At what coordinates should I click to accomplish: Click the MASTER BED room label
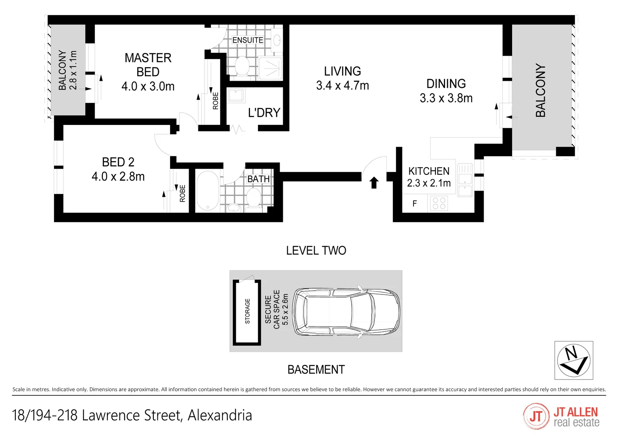[x=148, y=65]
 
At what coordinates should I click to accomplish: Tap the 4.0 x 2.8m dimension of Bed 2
[x=118, y=177]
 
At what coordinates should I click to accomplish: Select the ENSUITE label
[x=248, y=40]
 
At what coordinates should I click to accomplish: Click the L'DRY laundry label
[x=264, y=113]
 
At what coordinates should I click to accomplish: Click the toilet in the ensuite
[x=242, y=66]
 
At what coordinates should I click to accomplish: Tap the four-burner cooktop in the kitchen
[x=439, y=203]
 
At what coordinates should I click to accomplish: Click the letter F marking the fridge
[x=415, y=204]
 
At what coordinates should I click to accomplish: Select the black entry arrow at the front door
[x=374, y=183]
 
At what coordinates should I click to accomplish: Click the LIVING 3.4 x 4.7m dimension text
[x=342, y=86]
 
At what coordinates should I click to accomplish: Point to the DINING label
[x=446, y=84]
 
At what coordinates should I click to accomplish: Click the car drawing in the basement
[x=346, y=311]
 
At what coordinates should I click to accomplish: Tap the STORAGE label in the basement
[x=248, y=311]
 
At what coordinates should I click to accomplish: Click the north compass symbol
[x=573, y=360]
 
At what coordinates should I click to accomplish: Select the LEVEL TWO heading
[x=316, y=251]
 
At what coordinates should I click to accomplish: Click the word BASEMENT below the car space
[x=316, y=370]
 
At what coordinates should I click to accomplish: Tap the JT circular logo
[x=536, y=416]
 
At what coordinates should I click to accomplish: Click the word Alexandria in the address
[x=220, y=416]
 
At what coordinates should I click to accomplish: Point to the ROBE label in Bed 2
[x=183, y=193]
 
